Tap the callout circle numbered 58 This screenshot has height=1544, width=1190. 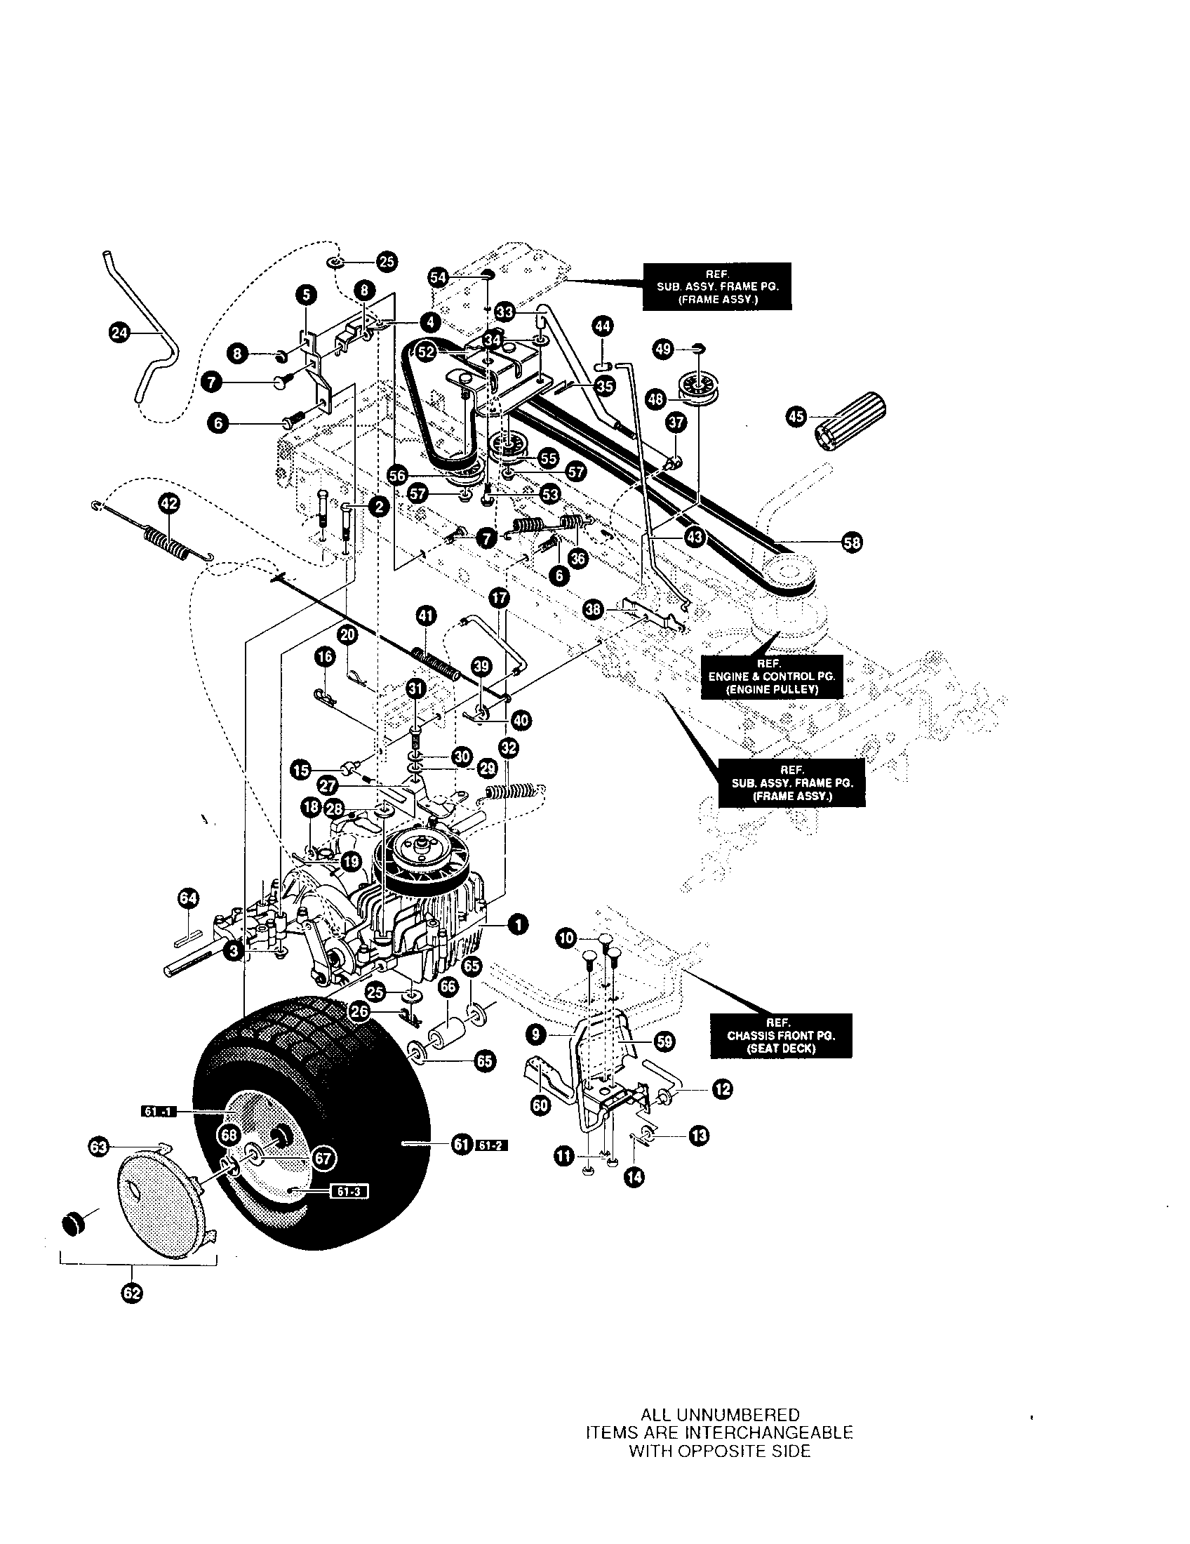[853, 543]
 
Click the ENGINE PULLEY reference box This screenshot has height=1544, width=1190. [772, 677]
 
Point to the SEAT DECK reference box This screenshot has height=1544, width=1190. [781, 1036]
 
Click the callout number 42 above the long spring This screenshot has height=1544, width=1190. [169, 503]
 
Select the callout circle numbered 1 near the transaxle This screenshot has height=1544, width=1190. [519, 924]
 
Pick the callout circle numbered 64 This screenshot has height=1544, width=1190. [188, 898]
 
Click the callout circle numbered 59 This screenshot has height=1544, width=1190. [664, 1041]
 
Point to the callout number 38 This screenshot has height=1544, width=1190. [594, 609]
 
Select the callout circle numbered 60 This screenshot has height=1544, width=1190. [540, 1105]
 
